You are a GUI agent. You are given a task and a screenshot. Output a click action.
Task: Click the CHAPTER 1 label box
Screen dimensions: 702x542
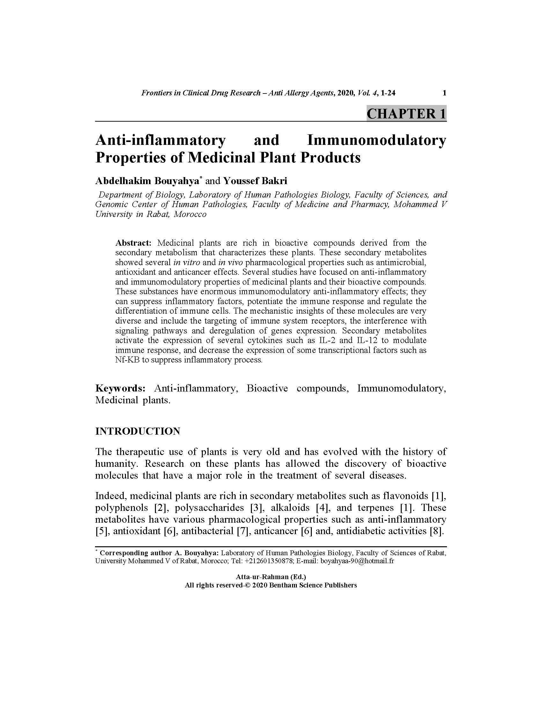pyautogui.click(x=406, y=114)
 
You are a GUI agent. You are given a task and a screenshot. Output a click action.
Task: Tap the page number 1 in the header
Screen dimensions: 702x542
pyautogui.click(x=444, y=93)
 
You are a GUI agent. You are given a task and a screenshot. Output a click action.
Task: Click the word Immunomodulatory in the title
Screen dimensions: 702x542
pyautogui.click(x=376, y=140)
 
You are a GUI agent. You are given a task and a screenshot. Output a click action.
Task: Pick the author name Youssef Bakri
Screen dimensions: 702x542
pyautogui.click(x=255, y=181)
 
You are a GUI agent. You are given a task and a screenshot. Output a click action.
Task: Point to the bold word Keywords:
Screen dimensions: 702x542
pyautogui.click(x=121, y=388)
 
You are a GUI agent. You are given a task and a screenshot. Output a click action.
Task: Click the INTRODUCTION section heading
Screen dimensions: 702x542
pyautogui.click(x=138, y=431)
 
